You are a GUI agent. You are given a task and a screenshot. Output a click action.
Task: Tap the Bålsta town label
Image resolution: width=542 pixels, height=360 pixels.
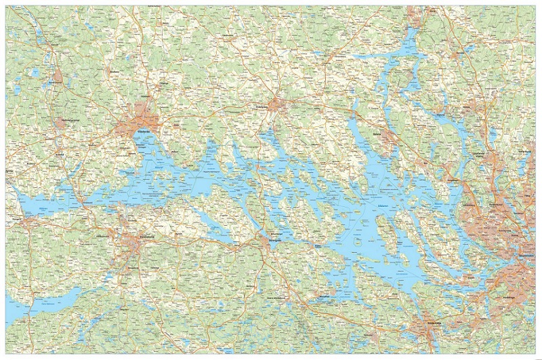[377, 134]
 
